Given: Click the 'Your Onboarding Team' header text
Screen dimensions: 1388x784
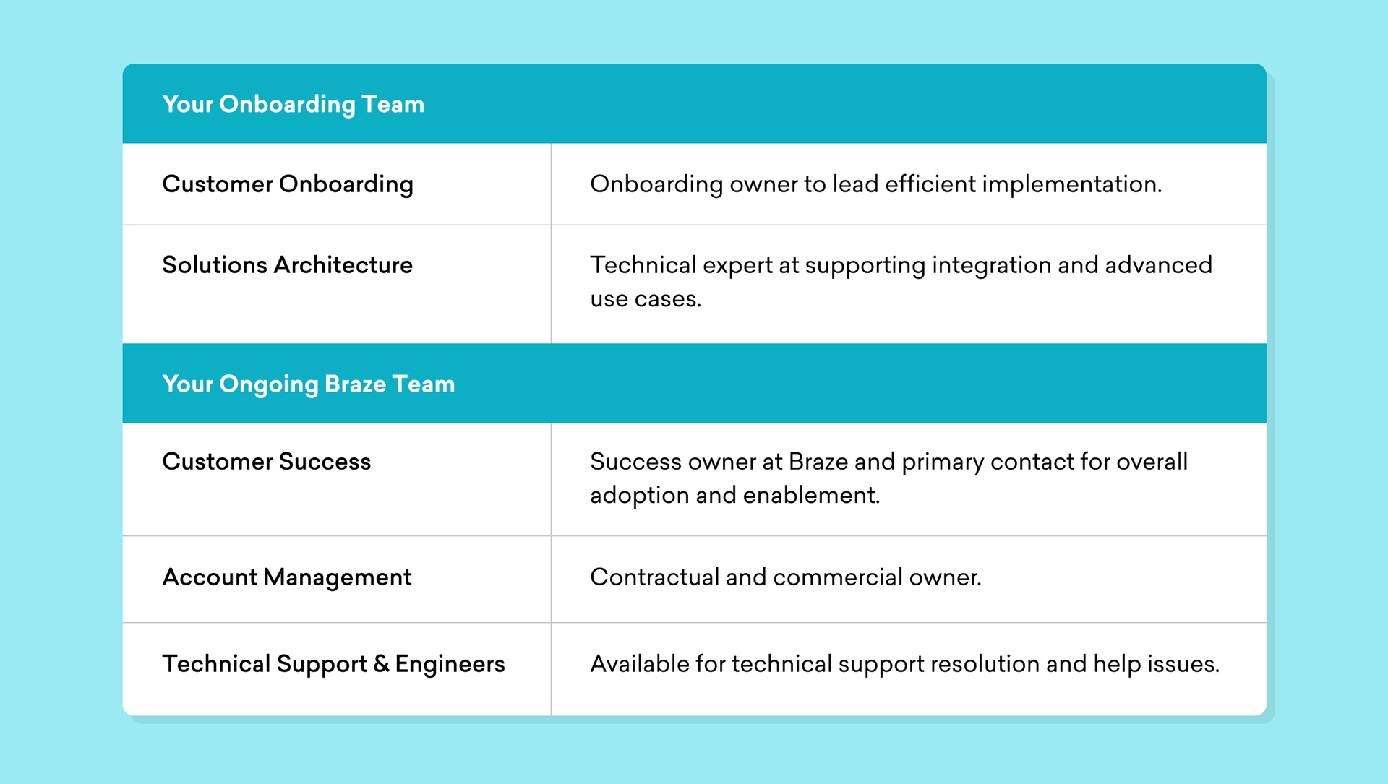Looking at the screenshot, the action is pyautogui.click(x=293, y=105).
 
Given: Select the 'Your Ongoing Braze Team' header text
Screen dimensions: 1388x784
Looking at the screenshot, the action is pyautogui.click(x=309, y=384).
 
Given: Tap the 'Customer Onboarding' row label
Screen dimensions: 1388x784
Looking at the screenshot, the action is pyautogui.click(x=288, y=185).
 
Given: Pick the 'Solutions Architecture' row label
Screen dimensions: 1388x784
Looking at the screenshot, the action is pyautogui.click(x=288, y=265).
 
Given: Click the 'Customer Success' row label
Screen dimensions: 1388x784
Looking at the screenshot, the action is pyautogui.click(x=267, y=462).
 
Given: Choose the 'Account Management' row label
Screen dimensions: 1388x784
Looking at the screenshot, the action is pyautogui.click(x=287, y=577).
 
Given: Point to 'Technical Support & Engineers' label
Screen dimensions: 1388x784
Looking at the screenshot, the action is pyautogui.click(x=333, y=665).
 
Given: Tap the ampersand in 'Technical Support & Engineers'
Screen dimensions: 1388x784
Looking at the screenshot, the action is pyautogui.click(x=382, y=664).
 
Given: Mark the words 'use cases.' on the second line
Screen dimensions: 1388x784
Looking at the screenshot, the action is pyautogui.click(x=646, y=299).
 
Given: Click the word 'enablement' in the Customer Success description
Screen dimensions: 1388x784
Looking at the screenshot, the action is pyautogui.click(x=811, y=496).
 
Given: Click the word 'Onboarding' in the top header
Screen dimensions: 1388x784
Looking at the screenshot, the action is pyautogui.click(x=287, y=105).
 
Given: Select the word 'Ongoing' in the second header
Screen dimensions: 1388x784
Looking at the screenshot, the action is pyautogui.click(x=269, y=385).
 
